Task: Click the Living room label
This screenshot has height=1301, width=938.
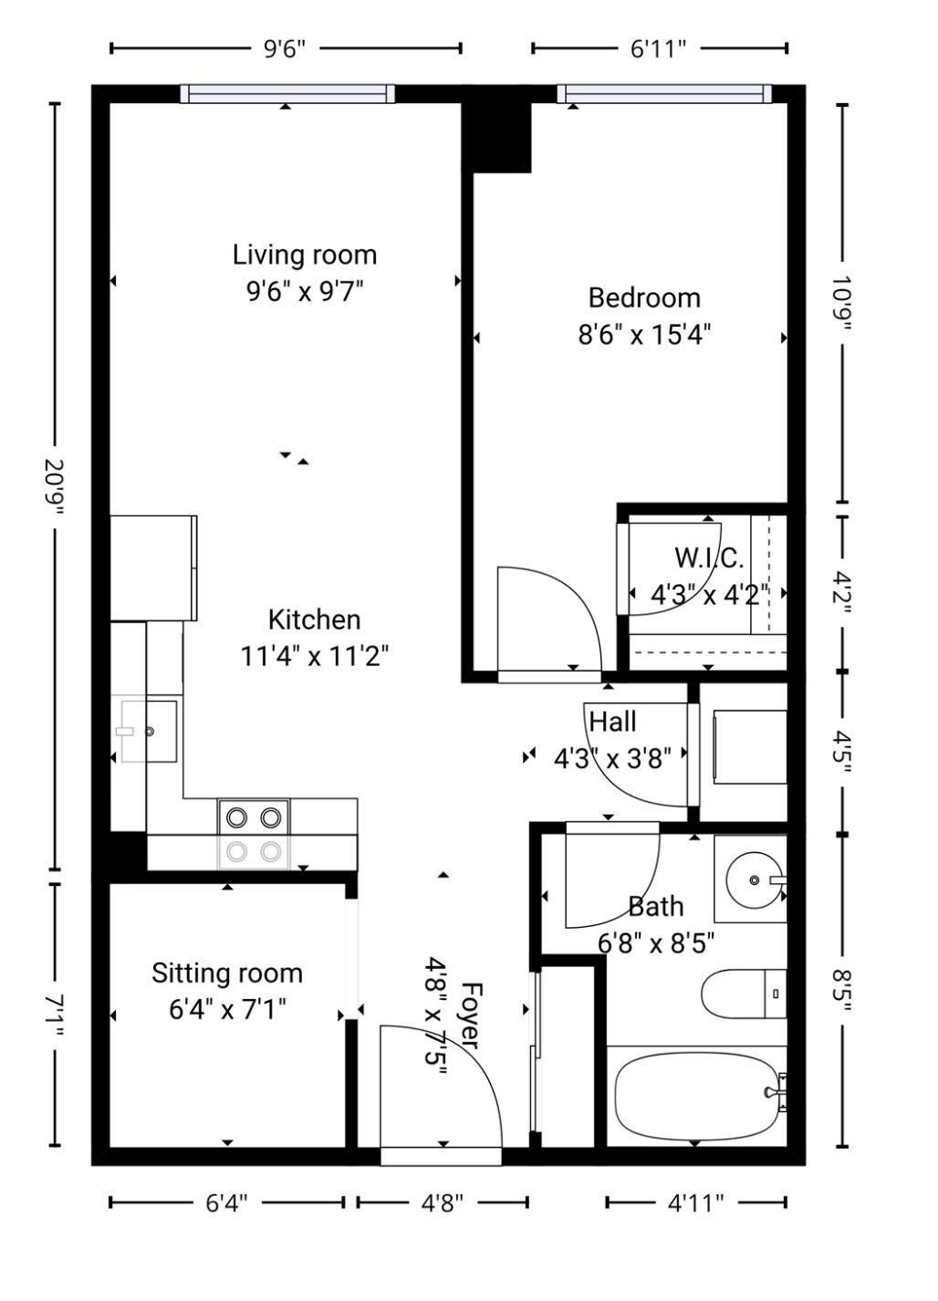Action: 305,255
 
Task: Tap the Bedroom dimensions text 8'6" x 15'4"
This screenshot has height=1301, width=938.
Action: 644,335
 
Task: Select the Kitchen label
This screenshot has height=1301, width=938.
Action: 314,619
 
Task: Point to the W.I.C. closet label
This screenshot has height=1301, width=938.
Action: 709,558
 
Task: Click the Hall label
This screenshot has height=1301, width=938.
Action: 613,722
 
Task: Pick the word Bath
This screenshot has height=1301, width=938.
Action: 656,907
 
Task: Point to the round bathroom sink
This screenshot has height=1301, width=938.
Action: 754,880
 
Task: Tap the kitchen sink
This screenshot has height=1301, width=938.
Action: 149,731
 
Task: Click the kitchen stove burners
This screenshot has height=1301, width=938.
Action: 254,834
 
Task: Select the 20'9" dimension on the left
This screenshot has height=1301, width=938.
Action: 56,486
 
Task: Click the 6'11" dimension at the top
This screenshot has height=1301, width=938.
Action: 659,48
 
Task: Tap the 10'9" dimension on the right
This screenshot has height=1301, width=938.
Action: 843,303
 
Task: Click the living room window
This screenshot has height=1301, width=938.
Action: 287,93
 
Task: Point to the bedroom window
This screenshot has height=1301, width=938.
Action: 664,93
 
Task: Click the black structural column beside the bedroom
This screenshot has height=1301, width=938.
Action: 496,137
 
